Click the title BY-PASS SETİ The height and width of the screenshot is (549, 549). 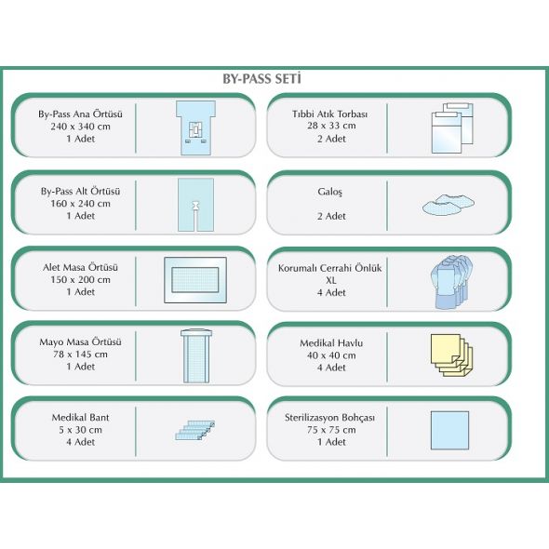pos(261,79)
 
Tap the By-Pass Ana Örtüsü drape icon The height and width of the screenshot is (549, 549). pos(195,127)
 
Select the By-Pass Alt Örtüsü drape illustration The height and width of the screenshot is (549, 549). pos(195,205)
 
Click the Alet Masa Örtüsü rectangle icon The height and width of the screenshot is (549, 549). pos(195,280)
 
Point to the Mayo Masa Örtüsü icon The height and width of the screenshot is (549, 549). pos(196,355)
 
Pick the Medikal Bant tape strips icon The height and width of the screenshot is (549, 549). pos(195,430)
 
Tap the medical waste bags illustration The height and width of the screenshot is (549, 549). pos(453,127)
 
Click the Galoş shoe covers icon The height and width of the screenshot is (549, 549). pos(449,204)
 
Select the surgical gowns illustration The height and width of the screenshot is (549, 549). pos(451,282)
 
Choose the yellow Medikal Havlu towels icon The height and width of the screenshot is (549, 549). pos(451,355)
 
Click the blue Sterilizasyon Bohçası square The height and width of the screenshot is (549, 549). pos(449,430)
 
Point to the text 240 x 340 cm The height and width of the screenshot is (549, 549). pos(81,127)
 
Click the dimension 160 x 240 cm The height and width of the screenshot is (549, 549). pos(81,204)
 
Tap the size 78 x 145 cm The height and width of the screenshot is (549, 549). pos(81,355)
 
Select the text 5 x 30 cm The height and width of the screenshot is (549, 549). pos(81,430)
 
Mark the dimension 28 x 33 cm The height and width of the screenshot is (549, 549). pos(331,126)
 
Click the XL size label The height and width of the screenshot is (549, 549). pos(331,280)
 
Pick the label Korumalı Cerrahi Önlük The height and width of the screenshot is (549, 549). pos(329,268)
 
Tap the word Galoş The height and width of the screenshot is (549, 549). pos(329,192)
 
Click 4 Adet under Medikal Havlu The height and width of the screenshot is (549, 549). pos(331,368)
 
